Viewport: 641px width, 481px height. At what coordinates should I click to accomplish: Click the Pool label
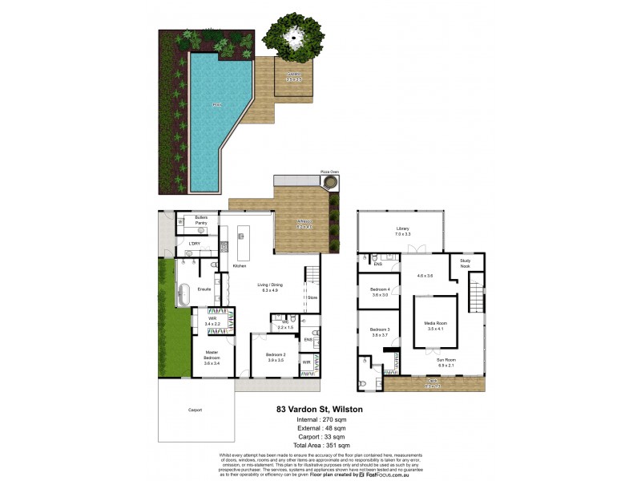click(216, 105)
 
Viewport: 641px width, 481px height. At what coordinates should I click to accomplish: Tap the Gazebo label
click(294, 76)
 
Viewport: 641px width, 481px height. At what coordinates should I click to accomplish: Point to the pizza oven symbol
click(329, 184)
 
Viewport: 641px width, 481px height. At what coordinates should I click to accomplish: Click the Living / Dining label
click(269, 287)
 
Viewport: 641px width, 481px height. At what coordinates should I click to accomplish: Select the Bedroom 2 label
click(275, 358)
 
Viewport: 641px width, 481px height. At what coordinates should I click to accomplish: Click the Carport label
click(195, 410)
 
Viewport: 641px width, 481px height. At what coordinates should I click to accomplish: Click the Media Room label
click(436, 325)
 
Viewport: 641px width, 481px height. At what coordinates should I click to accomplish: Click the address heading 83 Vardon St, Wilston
click(320, 409)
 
